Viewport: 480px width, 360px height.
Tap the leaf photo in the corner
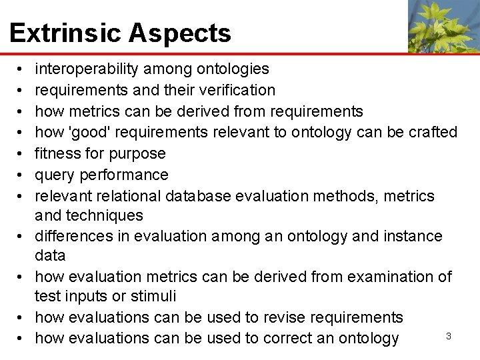pyautogui.click(x=443, y=27)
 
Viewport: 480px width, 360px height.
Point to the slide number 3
pyautogui.click(x=448, y=336)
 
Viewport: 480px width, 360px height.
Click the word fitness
pyautogui.click(x=57, y=153)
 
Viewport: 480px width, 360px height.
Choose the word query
pyautogui.click(x=55, y=175)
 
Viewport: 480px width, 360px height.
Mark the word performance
pyautogui.click(x=124, y=175)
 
